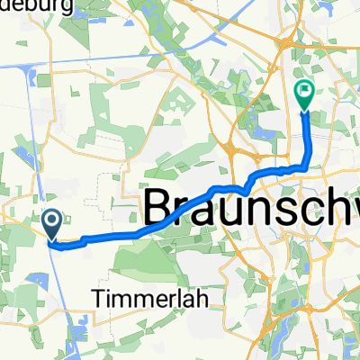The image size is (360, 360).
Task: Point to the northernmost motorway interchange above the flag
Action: point(288,40)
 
